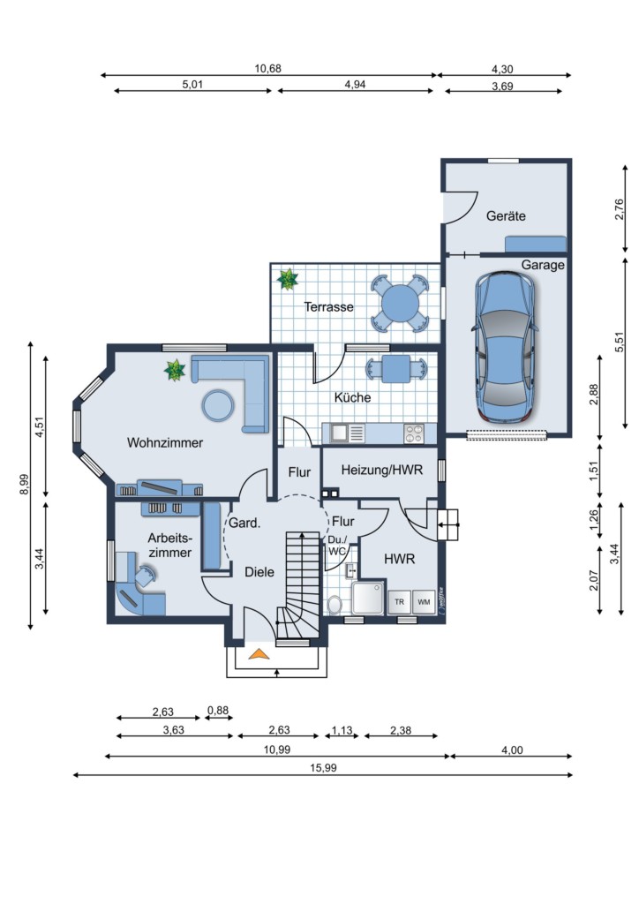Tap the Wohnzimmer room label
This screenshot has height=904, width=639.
pos(165,443)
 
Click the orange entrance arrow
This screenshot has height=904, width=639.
pos(259,654)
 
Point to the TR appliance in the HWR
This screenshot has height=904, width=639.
pos(399,602)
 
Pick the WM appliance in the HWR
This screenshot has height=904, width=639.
pos(424,602)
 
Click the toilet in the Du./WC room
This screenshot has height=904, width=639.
pos(335,605)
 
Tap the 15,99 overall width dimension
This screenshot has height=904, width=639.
pos(323,768)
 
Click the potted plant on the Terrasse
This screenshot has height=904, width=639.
pos(287,279)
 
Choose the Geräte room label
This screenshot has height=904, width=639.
pos(506,215)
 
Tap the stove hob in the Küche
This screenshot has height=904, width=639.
pos(414,433)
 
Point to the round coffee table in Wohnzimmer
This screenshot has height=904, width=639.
pos(218,405)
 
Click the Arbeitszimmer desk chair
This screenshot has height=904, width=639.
pos(145,576)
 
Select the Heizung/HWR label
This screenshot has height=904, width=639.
pos(381,470)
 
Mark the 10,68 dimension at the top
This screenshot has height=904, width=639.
pos(268,69)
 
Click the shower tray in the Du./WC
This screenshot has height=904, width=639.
pos(368,598)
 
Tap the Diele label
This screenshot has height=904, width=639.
pos(259,572)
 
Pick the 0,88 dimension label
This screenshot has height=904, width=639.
pos(218,711)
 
